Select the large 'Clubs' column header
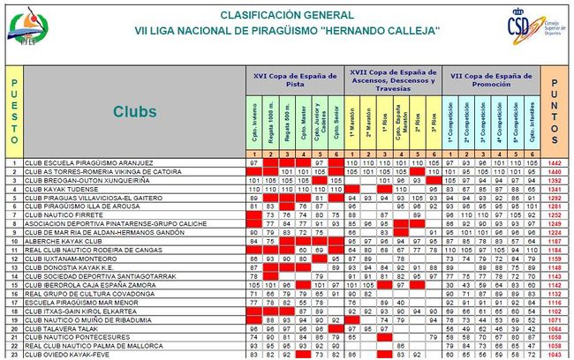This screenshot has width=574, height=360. pyautogui.click(x=134, y=111)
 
